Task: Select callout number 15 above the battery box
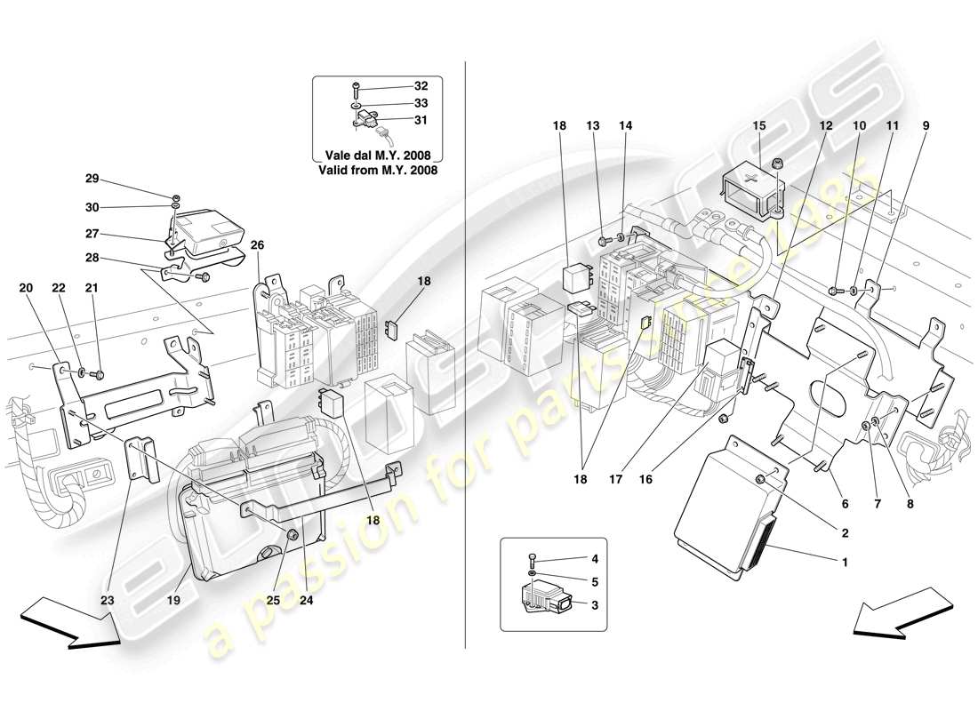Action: [758, 126]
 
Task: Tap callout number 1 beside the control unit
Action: [845, 562]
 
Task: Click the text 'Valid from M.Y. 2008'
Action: [382, 169]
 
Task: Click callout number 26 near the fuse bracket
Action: [258, 246]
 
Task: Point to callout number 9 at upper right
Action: [925, 126]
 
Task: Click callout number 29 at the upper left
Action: [92, 179]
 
